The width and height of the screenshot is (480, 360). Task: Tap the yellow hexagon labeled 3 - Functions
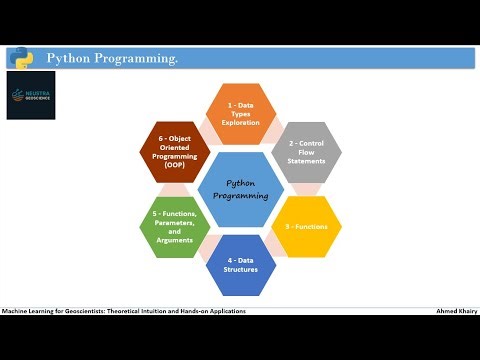click(x=307, y=227)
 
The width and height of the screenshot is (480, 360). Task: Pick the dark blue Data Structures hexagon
click(x=240, y=265)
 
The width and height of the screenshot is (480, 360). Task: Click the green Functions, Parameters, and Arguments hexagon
click(x=174, y=227)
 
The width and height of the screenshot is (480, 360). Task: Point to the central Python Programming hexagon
click(x=241, y=189)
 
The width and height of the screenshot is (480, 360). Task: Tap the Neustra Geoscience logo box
click(x=31, y=95)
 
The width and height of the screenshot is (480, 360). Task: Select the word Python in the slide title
click(x=68, y=59)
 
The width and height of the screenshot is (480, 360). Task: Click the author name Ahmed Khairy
click(x=456, y=311)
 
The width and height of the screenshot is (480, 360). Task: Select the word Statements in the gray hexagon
click(x=307, y=162)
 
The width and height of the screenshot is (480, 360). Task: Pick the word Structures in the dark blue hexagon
click(x=240, y=270)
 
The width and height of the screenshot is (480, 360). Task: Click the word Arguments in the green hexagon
click(x=174, y=241)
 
